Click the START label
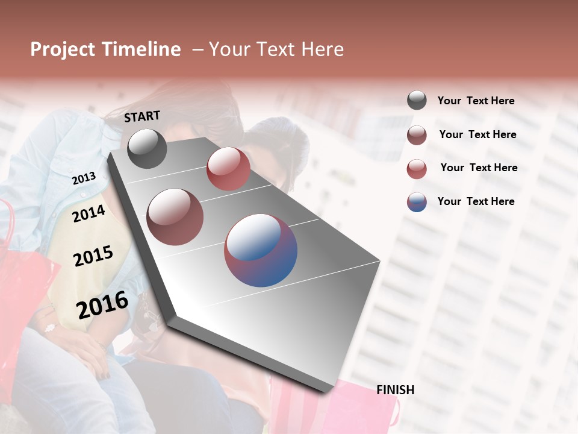(x=142, y=116)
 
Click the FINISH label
(x=396, y=390)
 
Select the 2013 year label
(x=84, y=178)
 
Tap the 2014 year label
(x=89, y=213)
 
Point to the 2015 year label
(x=93, y=256)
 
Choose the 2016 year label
(x=102, y=305)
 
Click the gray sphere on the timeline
(x=147, y=148)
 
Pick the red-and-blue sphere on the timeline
(x=261, y=250)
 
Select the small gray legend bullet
(x=417, y=101)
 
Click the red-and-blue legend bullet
(x=417, y=201)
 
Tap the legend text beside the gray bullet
(x=476, y=101)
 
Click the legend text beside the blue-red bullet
(x=476, y=201)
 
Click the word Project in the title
(x=63, y=49)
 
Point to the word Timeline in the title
(x=141, y=49)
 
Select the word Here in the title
(x=322, y=49)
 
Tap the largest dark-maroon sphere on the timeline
(x=175, y=216)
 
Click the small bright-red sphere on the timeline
(x=228, y=169)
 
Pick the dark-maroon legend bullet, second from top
(x=417, y=134)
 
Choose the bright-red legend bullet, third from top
(x=417, y=168)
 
